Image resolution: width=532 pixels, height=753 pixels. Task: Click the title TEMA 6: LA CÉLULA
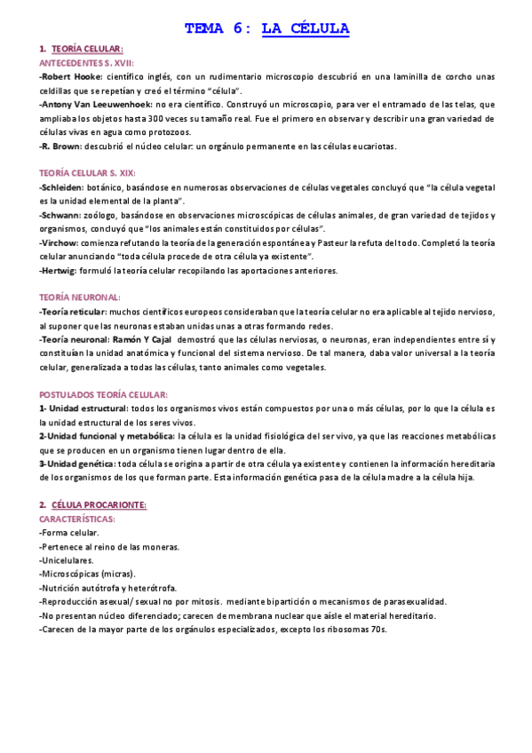(x=266, y=28)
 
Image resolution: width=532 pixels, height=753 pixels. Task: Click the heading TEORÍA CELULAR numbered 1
(x=87, y=50)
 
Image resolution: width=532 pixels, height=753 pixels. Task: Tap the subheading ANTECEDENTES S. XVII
(x=86, y=63)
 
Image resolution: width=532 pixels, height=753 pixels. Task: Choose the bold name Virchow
(x=60, y=242)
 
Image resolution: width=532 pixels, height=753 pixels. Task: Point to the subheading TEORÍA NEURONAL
(x=80, y=297)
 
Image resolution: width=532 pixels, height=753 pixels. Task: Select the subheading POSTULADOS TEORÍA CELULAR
(x=104, y=394)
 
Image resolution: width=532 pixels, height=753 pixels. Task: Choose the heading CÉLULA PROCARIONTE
(x=99, y=504)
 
